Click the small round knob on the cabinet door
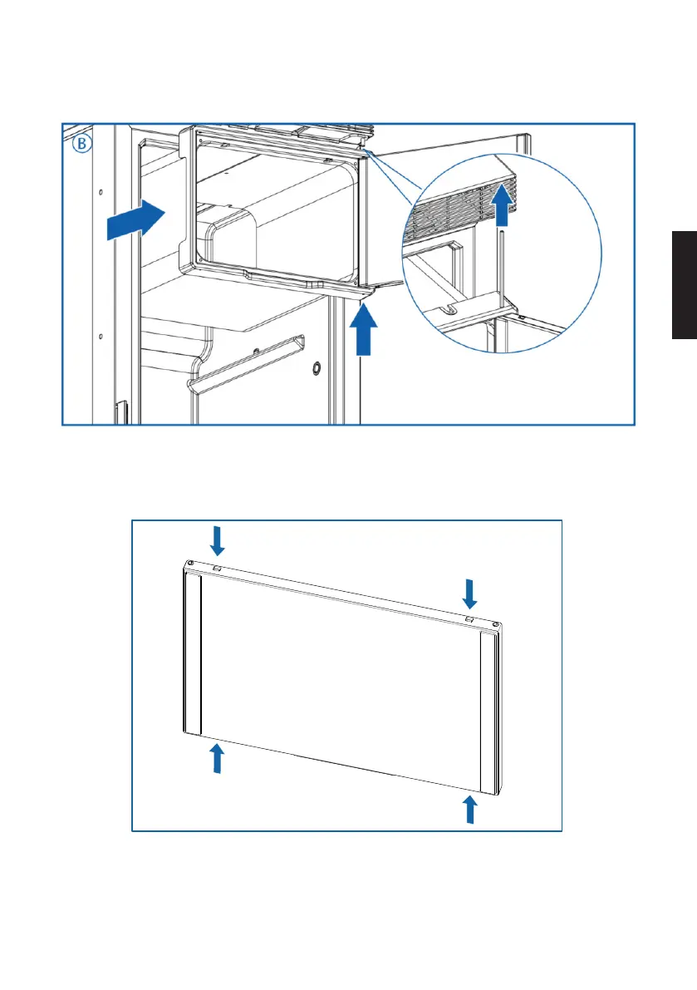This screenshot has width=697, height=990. (x=317, y=367)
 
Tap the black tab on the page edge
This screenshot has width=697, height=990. (x=685, y=284)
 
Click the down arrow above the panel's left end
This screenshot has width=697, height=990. (x=218, y=540)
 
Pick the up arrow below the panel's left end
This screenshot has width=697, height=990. (x=217, y=757)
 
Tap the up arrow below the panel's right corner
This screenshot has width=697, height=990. (x=470, y=809)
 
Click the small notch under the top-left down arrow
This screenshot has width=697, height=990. (x=217, y=569)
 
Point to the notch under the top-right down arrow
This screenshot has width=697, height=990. (x=469, y=619)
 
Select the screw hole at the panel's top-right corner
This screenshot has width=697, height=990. (x=496, y=624)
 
